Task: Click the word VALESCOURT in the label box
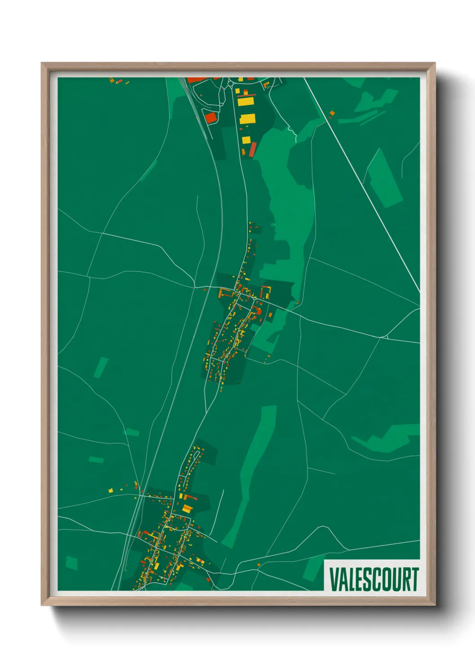coord(374,579)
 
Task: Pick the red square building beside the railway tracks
coord(211,118)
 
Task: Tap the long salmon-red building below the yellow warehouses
coord(252,149)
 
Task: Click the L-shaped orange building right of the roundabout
coord(267,84)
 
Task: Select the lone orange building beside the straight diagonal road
coord(332,113)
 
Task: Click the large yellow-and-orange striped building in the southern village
coord(187,509)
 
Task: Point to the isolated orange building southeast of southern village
coord(259,565)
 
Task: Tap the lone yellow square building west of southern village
coord(110,490)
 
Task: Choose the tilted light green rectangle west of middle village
coord(101,367)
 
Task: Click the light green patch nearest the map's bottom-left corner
coord(72,563)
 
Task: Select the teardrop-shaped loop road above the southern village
coord(190,462)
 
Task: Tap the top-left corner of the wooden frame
coord(42,63)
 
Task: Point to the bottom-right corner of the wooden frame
coord(435,605)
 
